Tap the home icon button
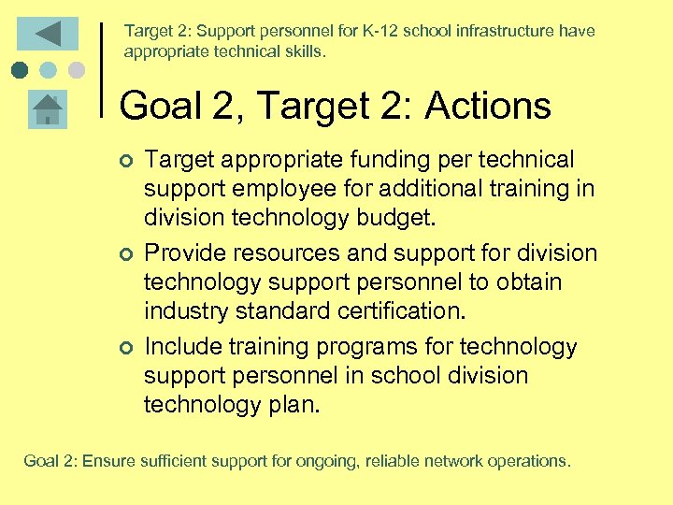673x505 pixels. pos(48,109)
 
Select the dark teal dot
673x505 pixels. pos(21,70)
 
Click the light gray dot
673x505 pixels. pos(76,70)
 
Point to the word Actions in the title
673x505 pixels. pos(488,107)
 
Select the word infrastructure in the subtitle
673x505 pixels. pos(498,31)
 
